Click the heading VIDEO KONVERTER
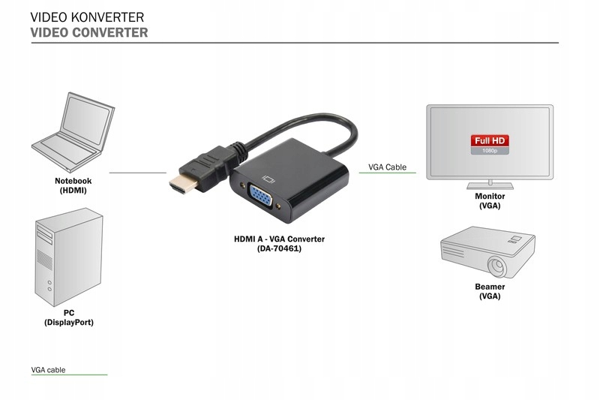pos(88,17)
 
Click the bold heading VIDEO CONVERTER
pos(89,33)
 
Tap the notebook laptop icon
pos(73,132)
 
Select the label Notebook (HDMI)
pos(73,185)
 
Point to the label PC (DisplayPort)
pos(69,317)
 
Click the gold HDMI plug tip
pos(178,184)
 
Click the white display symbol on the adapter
pos(268,179)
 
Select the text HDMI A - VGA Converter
pos(279,239)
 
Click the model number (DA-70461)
pos(279,248)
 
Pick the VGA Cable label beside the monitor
pos(387,167)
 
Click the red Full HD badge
pos(490,140)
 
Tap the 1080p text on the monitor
pos(490,151)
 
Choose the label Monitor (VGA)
pos(490,200)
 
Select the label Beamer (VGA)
pos(490,291)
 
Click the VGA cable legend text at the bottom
pos(48,370)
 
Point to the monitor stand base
pos(490,184)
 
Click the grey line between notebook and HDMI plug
pos(137,173)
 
